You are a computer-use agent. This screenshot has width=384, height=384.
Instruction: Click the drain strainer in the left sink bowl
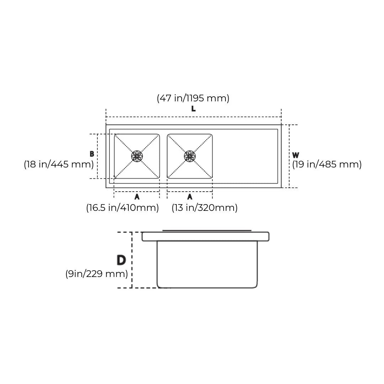tap(137, 156)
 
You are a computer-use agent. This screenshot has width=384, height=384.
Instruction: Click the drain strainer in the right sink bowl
tap(190, 156)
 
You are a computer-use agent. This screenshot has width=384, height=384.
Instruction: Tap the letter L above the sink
tap(193, 109)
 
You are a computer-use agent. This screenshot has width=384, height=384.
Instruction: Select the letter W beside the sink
tap(295, 155)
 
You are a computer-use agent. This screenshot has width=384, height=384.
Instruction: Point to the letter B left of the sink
tap(92, 154)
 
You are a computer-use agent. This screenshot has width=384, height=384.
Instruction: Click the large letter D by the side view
tap(121, 260)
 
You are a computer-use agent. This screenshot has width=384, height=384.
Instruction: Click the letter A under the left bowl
tap(137, 197)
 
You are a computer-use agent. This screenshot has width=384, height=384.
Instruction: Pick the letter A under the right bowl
tap(190, 197)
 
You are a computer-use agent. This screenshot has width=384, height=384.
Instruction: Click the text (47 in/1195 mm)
tap(193, 98)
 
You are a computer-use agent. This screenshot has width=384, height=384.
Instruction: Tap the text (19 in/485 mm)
tap(327, 164)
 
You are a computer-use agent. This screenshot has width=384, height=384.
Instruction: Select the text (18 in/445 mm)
tap(59, 164)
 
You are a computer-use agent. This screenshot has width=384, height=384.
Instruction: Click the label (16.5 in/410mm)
tap(122, 208)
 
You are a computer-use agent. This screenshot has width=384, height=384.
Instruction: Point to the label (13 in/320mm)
tap(204, 208)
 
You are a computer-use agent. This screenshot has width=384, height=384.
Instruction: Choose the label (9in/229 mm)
tap(96, 274)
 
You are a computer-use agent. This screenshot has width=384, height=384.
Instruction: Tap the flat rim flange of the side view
tap(206, 236)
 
